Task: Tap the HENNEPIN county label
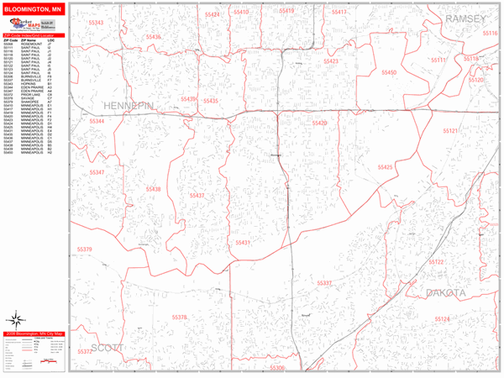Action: coord(129,106)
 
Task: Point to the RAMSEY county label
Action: coord(466,18)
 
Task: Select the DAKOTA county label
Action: coord(445,292)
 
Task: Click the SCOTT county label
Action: coord(107,347)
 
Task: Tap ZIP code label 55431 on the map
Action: coord(243,243)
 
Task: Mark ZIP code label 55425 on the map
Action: coord(385,168)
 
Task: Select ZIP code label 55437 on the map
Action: coord(197,196)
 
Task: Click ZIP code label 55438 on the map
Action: coord(152,190)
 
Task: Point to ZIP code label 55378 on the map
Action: coord(180,318)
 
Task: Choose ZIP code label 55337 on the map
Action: coord(325,283)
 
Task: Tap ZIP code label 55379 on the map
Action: coord(85,249)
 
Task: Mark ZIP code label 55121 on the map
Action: coord(451,132)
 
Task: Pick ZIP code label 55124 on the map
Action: coord(443,319)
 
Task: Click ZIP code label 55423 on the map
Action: coord(330,61)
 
